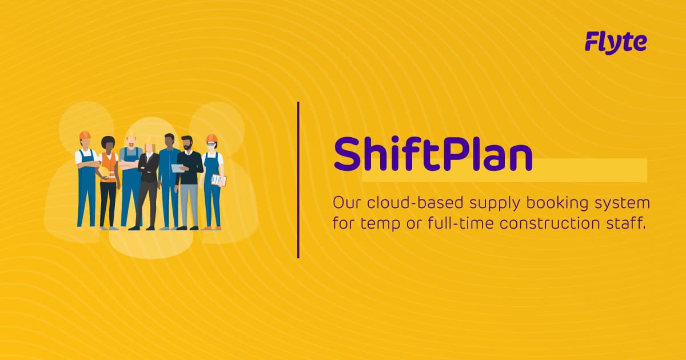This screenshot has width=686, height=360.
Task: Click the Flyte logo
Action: (616, 42)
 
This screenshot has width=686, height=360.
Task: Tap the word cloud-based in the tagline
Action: (406, 203)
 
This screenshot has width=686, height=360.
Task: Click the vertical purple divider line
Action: (298, 179)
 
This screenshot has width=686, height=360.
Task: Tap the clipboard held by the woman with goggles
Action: (218, 181)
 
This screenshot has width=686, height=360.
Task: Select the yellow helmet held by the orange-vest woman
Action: (111, 171)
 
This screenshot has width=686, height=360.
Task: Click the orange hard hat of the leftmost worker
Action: (85, 135)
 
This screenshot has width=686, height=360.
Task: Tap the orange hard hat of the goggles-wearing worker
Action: (212, 138)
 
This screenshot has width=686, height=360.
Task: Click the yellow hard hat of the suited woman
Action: (150, 139)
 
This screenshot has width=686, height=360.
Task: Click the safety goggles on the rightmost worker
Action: (212, 145)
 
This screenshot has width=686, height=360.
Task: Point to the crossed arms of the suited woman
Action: (148, 168)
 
